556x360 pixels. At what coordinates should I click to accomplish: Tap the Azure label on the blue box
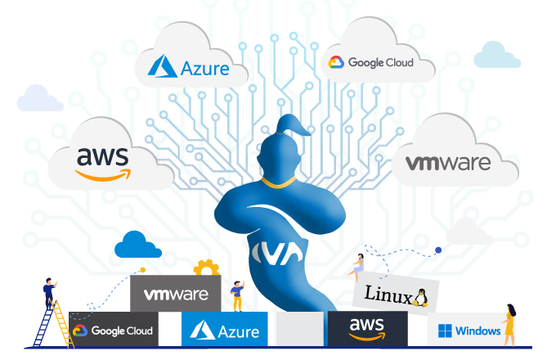pos(225,331)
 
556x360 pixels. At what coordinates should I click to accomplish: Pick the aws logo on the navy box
pos(366,327)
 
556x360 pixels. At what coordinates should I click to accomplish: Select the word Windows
pos(478,331)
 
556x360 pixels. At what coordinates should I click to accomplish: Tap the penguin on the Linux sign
pos(422,296)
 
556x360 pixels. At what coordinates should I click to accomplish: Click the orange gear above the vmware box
pos(204,268)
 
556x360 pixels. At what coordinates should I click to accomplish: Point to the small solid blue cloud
pos(138,244)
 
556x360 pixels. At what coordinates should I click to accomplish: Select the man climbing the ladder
pos(50,293)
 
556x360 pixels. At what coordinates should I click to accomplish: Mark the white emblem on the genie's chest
pos(272,254)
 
